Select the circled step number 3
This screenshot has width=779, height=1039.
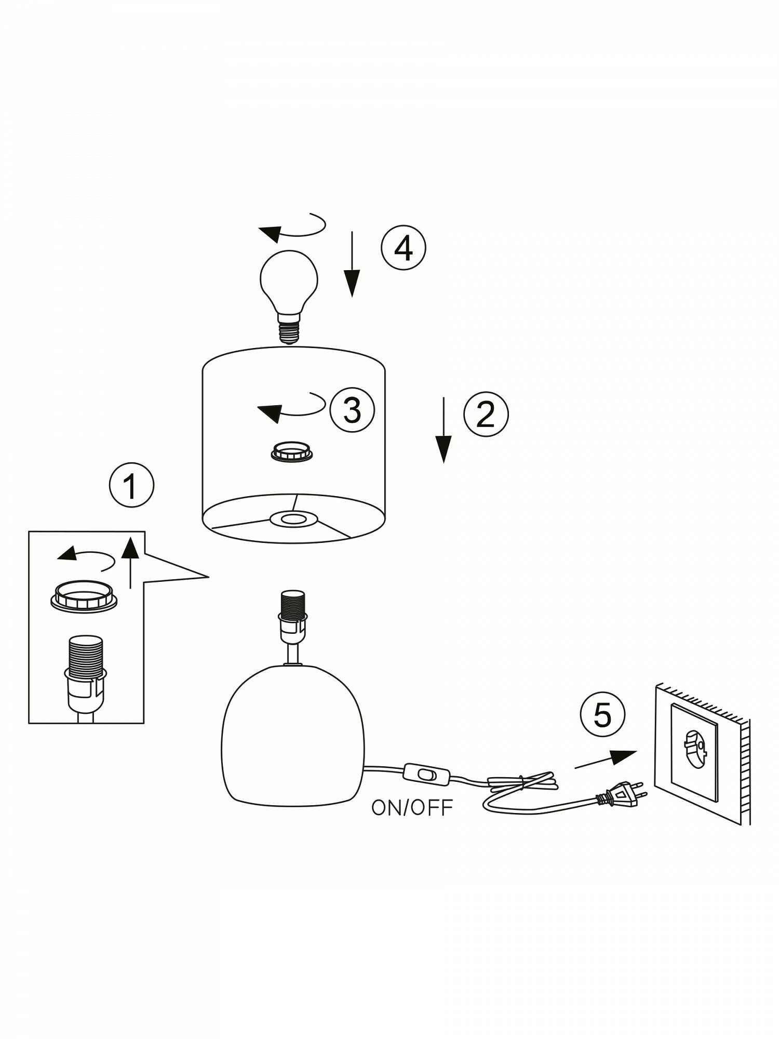tap(352, 410)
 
